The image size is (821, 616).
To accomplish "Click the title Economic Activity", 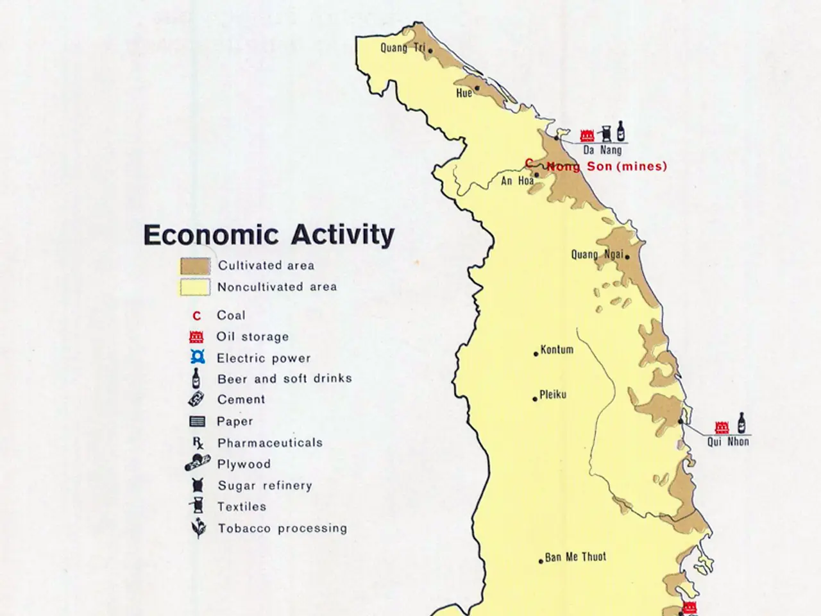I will pos(269,235).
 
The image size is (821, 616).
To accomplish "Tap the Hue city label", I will pos(464,93).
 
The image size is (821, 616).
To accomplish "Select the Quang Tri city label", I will pos(402,47).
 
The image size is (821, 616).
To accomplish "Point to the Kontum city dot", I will pos(536,354).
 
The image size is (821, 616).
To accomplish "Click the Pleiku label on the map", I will pos(553,395).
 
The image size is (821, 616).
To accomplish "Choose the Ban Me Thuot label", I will pos(575,557).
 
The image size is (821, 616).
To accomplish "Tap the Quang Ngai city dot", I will pos(627,257).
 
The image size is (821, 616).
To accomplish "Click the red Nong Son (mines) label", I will pos(606,166).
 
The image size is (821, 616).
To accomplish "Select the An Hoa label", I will pos(517,181).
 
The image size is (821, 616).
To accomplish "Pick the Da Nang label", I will pos(602,150).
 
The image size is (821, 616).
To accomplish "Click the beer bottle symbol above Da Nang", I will pos(621,130).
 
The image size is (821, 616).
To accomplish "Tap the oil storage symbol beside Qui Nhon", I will pos(722,427).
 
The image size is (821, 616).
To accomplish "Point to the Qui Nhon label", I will pos(728,441).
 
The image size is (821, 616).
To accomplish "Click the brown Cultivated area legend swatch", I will pos(195,266).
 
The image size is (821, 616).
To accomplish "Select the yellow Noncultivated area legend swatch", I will pos(195,287).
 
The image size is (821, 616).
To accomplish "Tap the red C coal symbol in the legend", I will pos(197,316).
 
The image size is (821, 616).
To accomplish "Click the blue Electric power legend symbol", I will pos(198,358).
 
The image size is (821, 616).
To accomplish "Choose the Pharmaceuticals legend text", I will pos(269,443).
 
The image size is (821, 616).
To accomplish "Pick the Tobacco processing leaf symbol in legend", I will pos(198,529).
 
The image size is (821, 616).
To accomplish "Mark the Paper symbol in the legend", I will pos(197,422).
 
